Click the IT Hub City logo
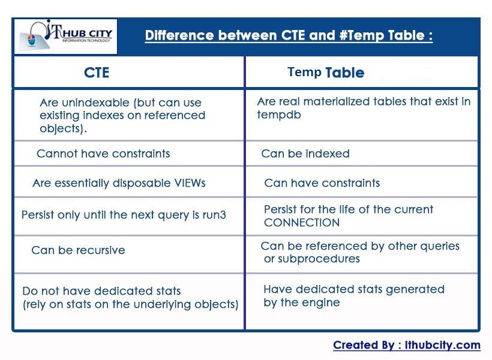(65, 37)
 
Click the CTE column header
(97, 73)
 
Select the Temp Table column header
(326, 73)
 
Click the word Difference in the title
(179, 35)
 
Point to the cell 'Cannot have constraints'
(103, 154)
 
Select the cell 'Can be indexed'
(305, 154)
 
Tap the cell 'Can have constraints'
(322, 183)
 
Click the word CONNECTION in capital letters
(302, 223)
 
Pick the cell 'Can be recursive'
(78, 250)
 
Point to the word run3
(214, 214)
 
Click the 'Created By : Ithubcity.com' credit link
(407, 345)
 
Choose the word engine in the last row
(321, 302)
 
